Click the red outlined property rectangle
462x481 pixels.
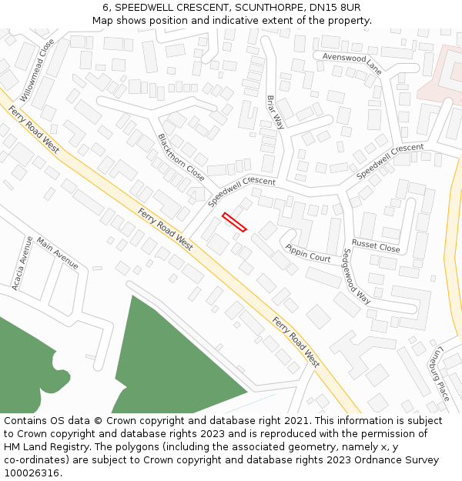click(x=234, y=222)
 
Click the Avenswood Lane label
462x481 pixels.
click(x=352, y=63)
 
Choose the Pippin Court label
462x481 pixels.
click(x=308, y=253)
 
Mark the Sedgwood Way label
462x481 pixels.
click(x=357, y=276)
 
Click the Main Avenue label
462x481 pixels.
click(x=57, y=252)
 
